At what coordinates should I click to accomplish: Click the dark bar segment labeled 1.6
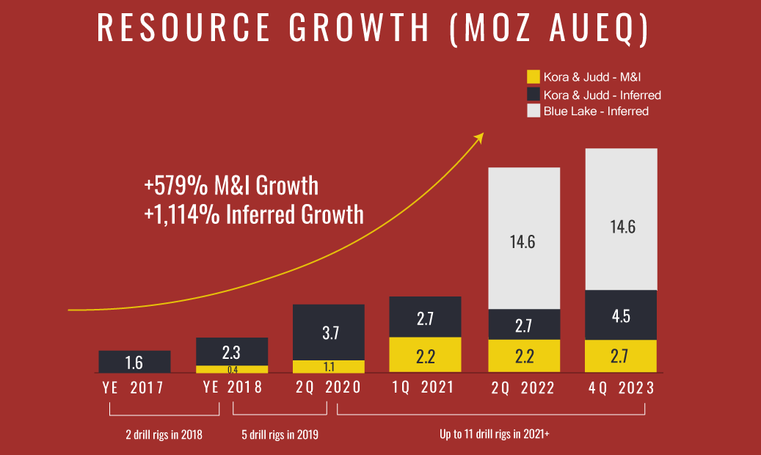tap(134, 362)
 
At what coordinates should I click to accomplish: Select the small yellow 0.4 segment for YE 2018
tap(232, 369)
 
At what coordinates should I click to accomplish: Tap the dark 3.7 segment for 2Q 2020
tap(329, 332)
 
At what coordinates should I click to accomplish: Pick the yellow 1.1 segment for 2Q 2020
tap(329, 366)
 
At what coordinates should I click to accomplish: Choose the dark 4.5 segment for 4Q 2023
tap(621, 316)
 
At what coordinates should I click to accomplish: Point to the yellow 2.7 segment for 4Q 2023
tap(621, 356)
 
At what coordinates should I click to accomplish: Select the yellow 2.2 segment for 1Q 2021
tap(425, 355)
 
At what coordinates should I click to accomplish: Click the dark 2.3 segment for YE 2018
tap(232, 352)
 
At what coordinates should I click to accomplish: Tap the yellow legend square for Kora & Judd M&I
tap(534, 76)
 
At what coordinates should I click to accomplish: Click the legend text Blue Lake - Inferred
tap(596, 112)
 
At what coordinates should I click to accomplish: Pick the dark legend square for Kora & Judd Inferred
tap(534, 94)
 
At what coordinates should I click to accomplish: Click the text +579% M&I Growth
tap(231, 185)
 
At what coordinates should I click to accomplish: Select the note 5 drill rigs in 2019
tap(280, 434)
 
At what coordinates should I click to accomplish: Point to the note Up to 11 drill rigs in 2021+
tap(495, 434)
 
